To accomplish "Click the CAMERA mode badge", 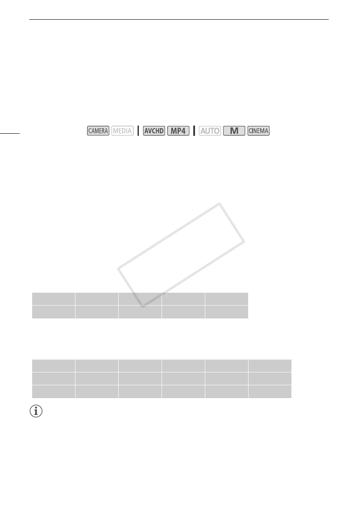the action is tap(98, 131).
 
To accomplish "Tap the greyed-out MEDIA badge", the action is tap(122, 131).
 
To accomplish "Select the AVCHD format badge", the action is tap(154, 131).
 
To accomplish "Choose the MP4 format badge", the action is tap(178, 131).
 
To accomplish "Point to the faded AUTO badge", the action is tap(210, 131).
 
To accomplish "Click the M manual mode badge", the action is tap(234, 131).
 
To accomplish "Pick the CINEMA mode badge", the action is tap(258, 131).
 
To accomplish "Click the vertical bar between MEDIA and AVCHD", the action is tap(138, 131).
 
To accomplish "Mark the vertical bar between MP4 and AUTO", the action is tap(194, 131).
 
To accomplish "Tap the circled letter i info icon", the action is tap(36, 411).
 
